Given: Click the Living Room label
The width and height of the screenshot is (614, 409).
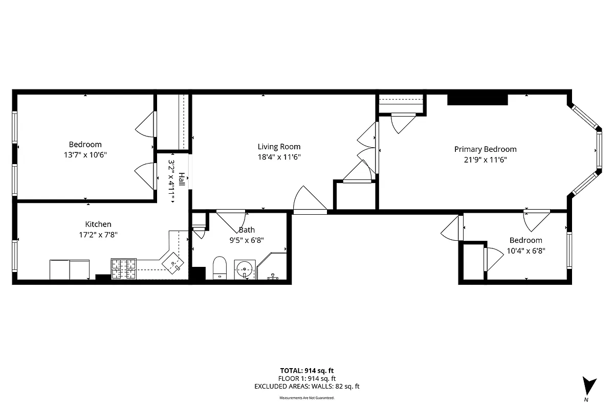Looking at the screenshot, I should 279,147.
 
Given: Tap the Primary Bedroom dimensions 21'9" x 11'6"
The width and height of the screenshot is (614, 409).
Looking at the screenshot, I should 485,160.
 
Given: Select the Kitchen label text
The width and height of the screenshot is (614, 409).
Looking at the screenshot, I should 98,224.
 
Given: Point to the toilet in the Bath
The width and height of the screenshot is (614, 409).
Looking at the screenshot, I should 220,267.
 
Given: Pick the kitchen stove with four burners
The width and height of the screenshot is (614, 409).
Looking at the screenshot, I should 124,269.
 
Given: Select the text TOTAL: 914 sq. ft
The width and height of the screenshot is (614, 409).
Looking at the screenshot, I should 307,371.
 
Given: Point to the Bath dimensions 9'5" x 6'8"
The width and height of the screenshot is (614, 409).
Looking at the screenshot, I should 247,239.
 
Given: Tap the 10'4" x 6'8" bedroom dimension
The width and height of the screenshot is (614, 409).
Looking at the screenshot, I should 525,251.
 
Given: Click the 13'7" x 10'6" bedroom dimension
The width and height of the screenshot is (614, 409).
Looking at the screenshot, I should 85,154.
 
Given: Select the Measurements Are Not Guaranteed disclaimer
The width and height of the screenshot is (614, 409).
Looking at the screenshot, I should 307,398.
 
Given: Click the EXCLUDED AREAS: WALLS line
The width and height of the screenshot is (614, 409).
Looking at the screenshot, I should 307,387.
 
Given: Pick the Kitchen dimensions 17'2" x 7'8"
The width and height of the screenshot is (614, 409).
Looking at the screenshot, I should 98,235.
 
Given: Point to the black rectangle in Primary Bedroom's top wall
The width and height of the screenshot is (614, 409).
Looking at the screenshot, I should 477,99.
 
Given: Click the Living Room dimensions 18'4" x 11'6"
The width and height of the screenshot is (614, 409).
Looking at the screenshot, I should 279,157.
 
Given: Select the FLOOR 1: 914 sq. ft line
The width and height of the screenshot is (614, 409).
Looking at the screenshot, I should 307,378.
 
